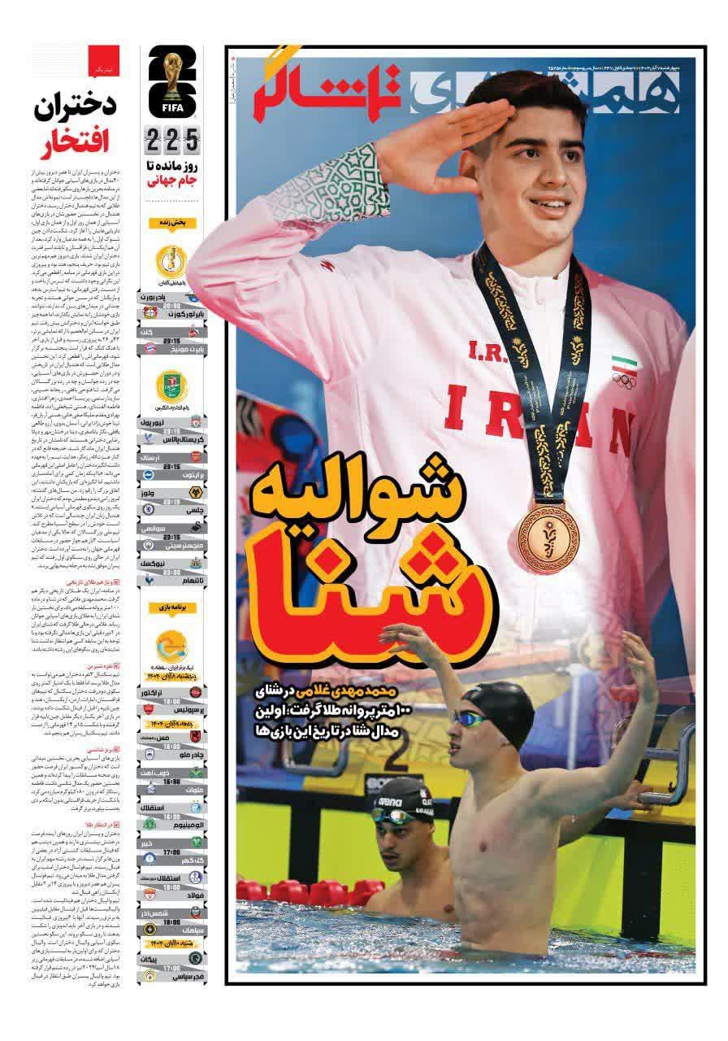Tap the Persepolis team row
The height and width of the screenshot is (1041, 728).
(175, 708)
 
